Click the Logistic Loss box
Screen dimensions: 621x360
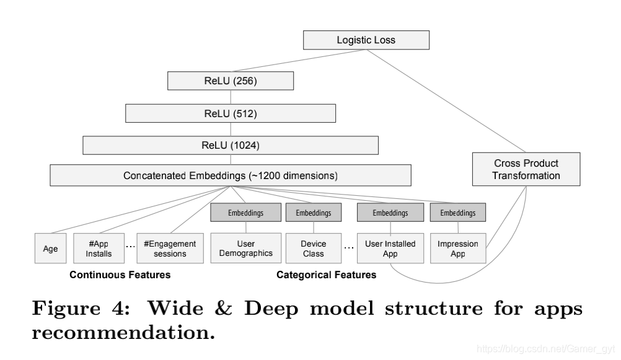click(x=366, y=40)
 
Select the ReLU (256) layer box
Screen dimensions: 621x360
click(x=231, y=81)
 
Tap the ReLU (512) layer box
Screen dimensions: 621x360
click(x=231, y=113)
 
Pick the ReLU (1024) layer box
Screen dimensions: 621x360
click(x=231, y=146)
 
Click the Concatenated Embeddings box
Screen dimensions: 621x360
click(x=231, y=175)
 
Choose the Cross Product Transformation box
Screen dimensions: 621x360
click(x=526, y=169)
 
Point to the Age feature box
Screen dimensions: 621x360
click(x=50, y=248)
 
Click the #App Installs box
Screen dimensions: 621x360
click(x=99, y=248)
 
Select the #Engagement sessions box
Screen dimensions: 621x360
click(x=170, y=248)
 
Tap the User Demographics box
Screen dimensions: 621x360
click(x=245, y=248)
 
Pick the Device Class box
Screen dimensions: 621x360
click(x=313, y=248)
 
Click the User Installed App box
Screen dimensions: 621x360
click(x=390, y=248)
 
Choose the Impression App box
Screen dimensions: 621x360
click(x=458, y=248)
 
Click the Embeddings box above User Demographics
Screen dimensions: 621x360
click(x=245, y=213)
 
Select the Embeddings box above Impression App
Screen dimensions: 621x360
click(x=458, y=213)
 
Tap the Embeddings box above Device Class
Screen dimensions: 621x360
click(x=313, y=213)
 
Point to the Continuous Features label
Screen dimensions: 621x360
click(x=120, y=275)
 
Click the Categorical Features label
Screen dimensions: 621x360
click(x=327, y=275)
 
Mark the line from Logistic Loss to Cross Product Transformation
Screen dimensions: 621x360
click(x=446, y=101)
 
